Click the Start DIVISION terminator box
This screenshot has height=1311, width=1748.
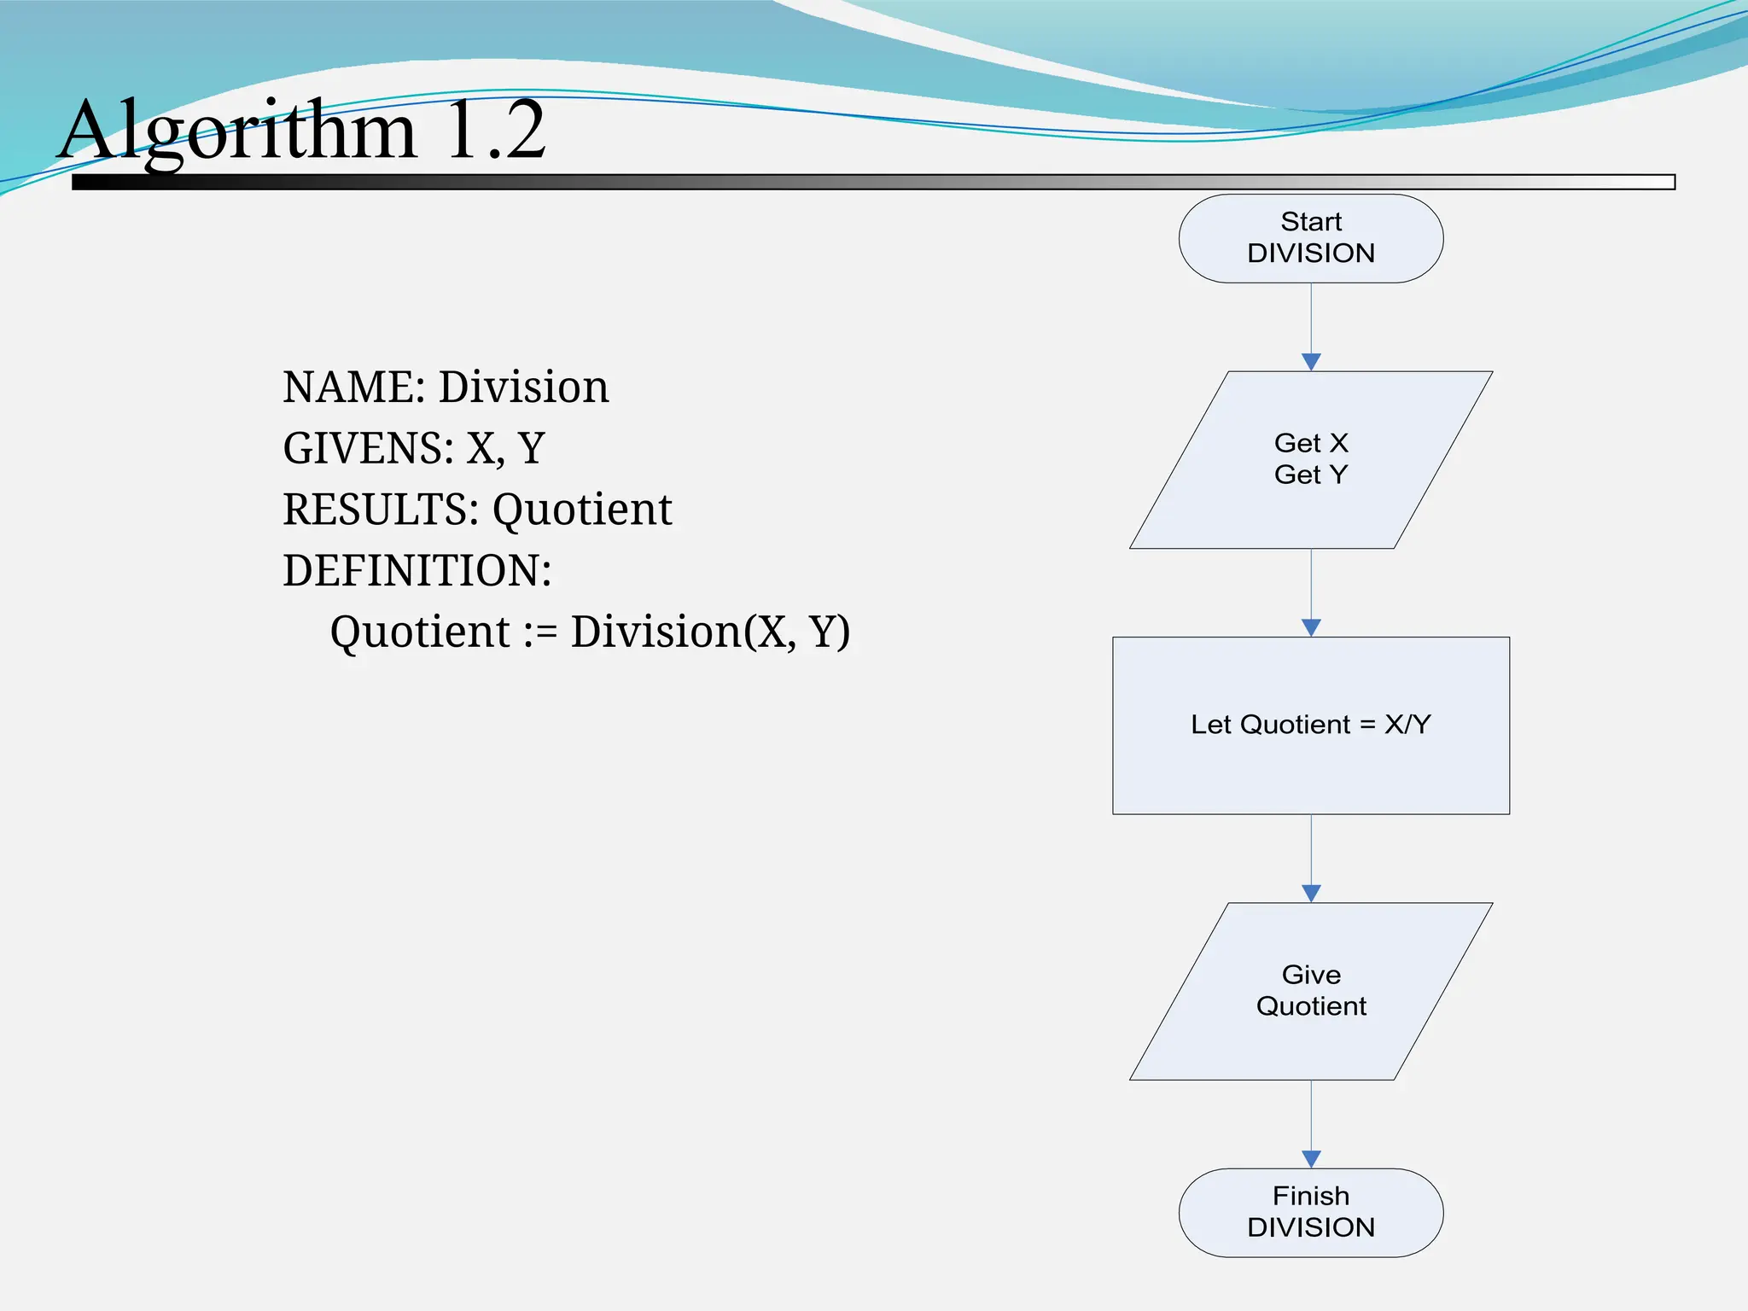click(1310, 238)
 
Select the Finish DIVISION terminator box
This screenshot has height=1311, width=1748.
click(1310, 1212)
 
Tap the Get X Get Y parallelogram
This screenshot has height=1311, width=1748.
click(1310, 459)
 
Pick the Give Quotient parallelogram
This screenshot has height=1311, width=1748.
click(1310, 991)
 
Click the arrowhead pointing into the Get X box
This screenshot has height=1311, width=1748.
click(1311, 362)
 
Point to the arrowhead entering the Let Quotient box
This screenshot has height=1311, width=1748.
click(1311, 627)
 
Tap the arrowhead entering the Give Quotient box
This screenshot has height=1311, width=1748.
click(1311, 894)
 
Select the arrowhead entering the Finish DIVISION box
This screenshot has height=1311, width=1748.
click(1311, 1159)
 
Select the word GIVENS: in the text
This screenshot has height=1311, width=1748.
click(368, 449)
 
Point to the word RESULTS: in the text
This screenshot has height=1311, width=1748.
click(381, 510)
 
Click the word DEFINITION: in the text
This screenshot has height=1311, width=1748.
click(417, 571)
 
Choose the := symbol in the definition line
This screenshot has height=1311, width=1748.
click(540, 632)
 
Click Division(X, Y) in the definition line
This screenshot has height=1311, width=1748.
click(710, 632)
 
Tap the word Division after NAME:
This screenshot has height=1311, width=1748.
click(524, 387)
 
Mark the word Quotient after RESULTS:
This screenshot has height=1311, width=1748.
click(582, 510)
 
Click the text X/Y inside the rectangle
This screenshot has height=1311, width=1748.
click(1407, 725)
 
